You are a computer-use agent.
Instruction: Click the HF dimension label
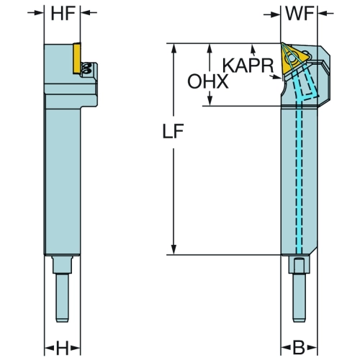[62, 14]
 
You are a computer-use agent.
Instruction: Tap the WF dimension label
[300, 14]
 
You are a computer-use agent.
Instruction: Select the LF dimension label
[173, 131]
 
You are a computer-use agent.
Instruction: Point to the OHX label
[208, 81]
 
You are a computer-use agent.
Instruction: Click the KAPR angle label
[248, 66]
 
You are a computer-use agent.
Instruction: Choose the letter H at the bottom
[62, 348]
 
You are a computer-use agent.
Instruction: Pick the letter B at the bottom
[299, 348]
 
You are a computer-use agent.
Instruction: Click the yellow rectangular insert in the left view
[76, 58]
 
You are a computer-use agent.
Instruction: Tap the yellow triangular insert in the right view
[294, 58]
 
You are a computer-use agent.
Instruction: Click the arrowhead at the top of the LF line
[174, 48]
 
